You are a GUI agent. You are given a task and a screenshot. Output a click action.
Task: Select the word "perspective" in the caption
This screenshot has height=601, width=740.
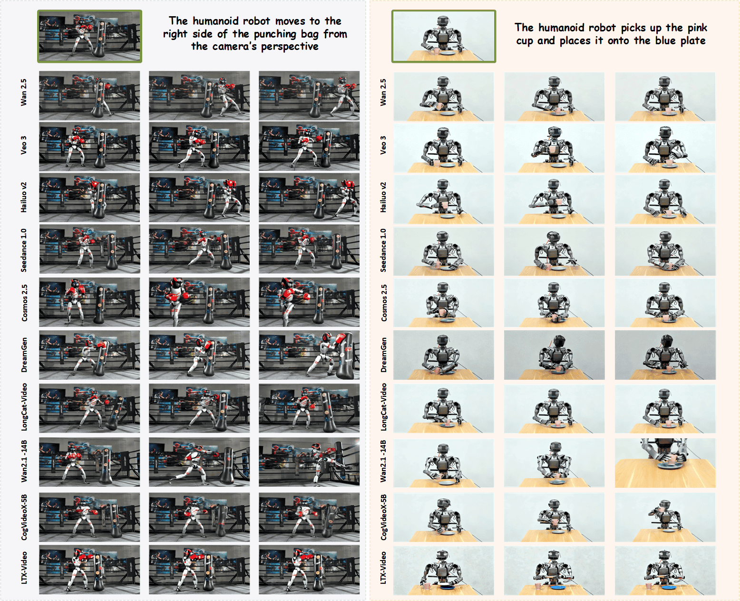click(x=290, y=46)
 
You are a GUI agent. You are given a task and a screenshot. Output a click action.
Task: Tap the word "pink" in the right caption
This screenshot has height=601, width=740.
click(x=696, y=28)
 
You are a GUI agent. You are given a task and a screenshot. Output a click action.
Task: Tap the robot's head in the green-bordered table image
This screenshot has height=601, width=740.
click(x=442, y=22)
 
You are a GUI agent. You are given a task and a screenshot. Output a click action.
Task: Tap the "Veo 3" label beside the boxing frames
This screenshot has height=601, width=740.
click(x=23, y=145)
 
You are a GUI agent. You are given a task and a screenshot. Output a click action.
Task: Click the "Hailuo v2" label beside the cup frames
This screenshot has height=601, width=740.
click(x=383, y=197)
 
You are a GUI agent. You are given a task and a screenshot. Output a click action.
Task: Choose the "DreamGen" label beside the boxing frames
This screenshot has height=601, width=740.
click(x=24, y=355)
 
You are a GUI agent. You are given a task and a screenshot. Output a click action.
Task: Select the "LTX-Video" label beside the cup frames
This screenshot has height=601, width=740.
click(x=383, y=568)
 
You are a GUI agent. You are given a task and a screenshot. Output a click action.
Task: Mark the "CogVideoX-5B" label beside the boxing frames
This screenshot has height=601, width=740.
click(x=24, y=517)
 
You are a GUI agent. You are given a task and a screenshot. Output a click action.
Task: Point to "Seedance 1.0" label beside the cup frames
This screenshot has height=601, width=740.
click(x=383, y=250)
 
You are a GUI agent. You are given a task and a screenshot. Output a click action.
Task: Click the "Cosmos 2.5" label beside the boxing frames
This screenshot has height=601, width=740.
click(x=24, y=303)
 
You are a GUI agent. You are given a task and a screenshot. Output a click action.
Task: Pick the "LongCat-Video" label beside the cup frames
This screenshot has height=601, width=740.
click(x=383, y=407)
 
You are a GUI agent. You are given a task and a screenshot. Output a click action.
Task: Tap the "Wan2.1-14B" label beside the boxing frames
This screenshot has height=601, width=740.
click(x=24, y=461)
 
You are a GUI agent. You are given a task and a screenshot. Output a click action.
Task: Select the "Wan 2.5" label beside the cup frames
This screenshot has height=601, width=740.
click(x=383, y=92)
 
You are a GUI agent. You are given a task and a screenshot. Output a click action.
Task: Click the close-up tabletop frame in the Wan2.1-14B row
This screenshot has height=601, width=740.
click(x=665, y=463)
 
